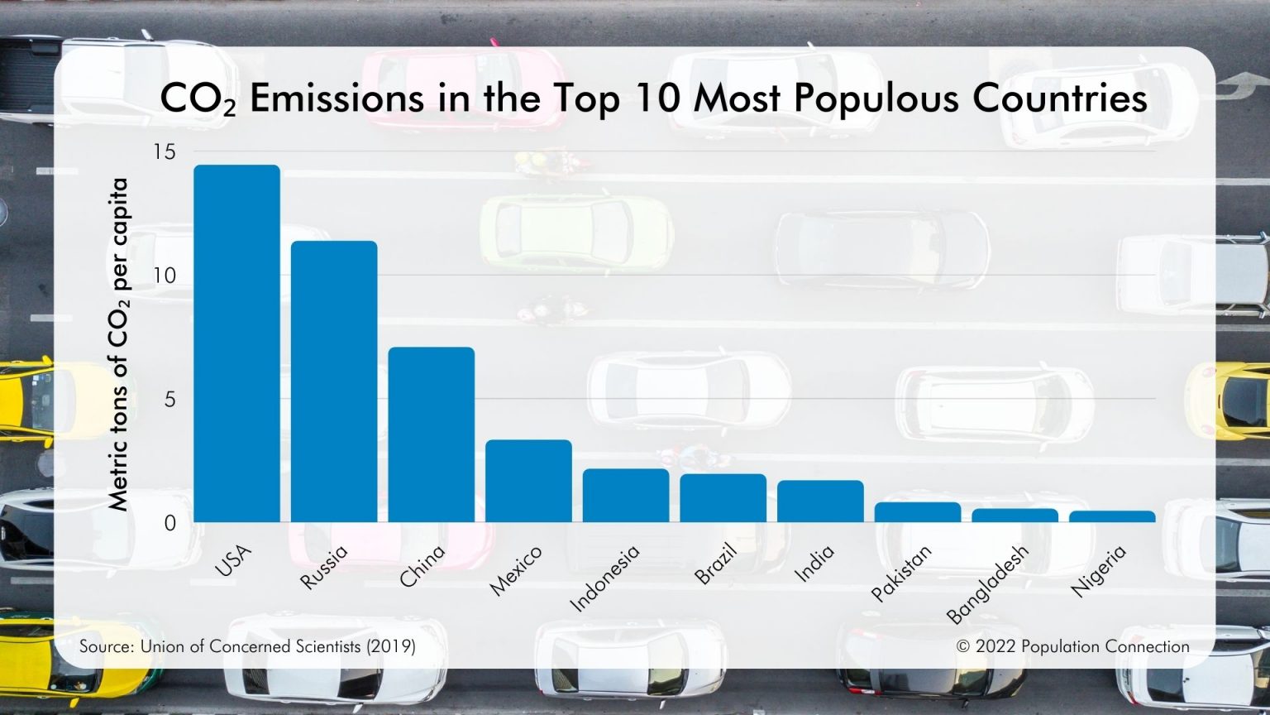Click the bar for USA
236,343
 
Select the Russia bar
334,381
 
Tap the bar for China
431,434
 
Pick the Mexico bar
528,481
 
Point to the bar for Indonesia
626,496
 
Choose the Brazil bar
723,498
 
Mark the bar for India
820,501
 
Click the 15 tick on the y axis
165,151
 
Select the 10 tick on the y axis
165,276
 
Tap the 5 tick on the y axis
169,400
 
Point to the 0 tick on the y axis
169,523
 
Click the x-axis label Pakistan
902,573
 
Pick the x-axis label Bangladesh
988,583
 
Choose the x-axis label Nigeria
1099,570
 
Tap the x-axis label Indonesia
606,578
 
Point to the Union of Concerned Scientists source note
247,646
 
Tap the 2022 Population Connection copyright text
1072,646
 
